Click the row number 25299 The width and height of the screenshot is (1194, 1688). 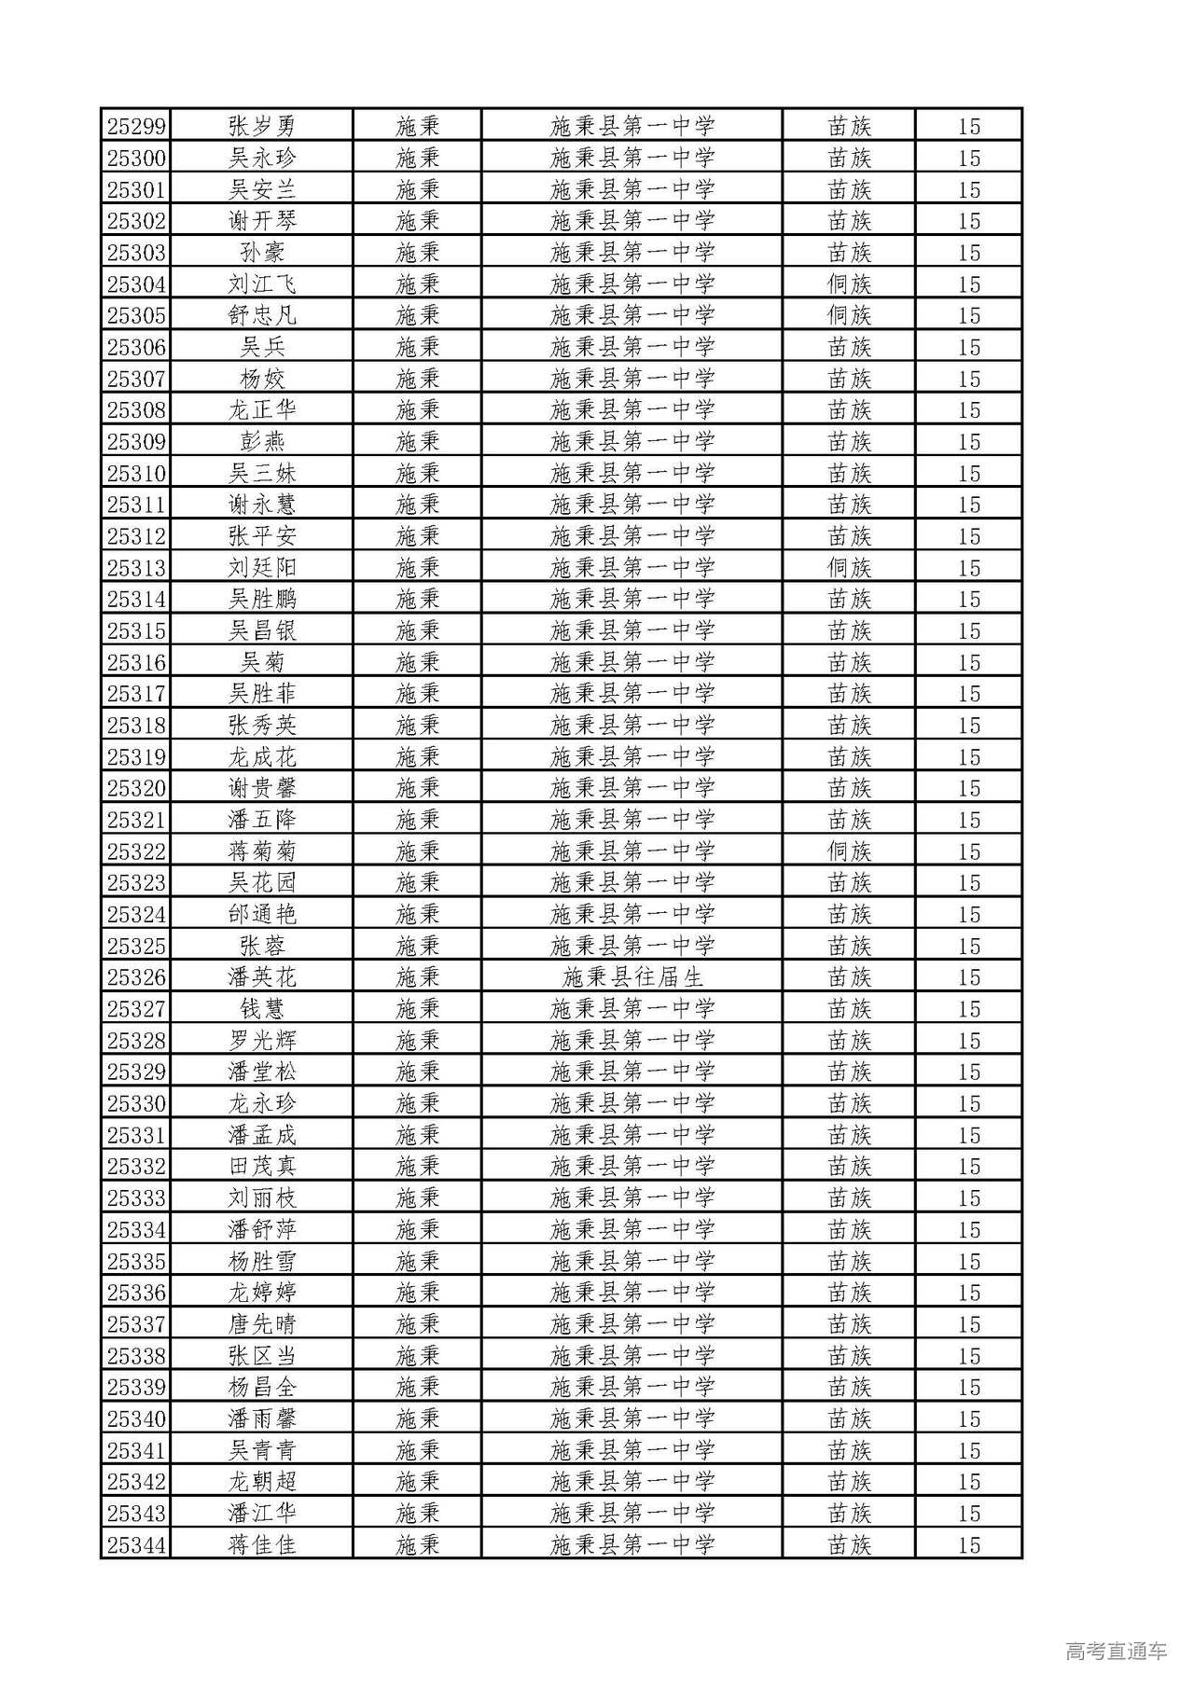click(136, 126)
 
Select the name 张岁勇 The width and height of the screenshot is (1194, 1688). click(262, 126)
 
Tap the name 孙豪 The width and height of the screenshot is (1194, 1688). click(262, 252)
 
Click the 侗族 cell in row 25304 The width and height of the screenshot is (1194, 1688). click(849, 284)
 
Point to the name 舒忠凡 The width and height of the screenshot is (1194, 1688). click(262, 315)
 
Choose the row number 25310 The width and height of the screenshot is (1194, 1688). click(136, 473)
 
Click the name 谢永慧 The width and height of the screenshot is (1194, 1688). click(262, 505)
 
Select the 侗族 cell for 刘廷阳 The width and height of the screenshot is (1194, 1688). click(849, 567)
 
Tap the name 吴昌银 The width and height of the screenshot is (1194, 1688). click(262, 630)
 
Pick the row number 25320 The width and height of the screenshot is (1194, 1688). click(136, 788)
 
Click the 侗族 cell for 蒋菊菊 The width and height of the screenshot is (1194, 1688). click(849, 851)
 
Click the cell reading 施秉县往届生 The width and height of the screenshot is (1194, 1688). click(632, 977)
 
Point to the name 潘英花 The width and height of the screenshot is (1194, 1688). click(262, 977)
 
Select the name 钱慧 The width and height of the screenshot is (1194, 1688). click(262, 1008)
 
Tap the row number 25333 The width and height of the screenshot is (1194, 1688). click(136, 1197)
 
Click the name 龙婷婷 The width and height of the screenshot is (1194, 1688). click(262, 1293)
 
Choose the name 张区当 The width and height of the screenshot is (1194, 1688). click(262, 1355)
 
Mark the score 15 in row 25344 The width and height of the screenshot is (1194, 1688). click(969, 1544)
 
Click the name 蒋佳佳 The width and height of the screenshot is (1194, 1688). click(262, 1544)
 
